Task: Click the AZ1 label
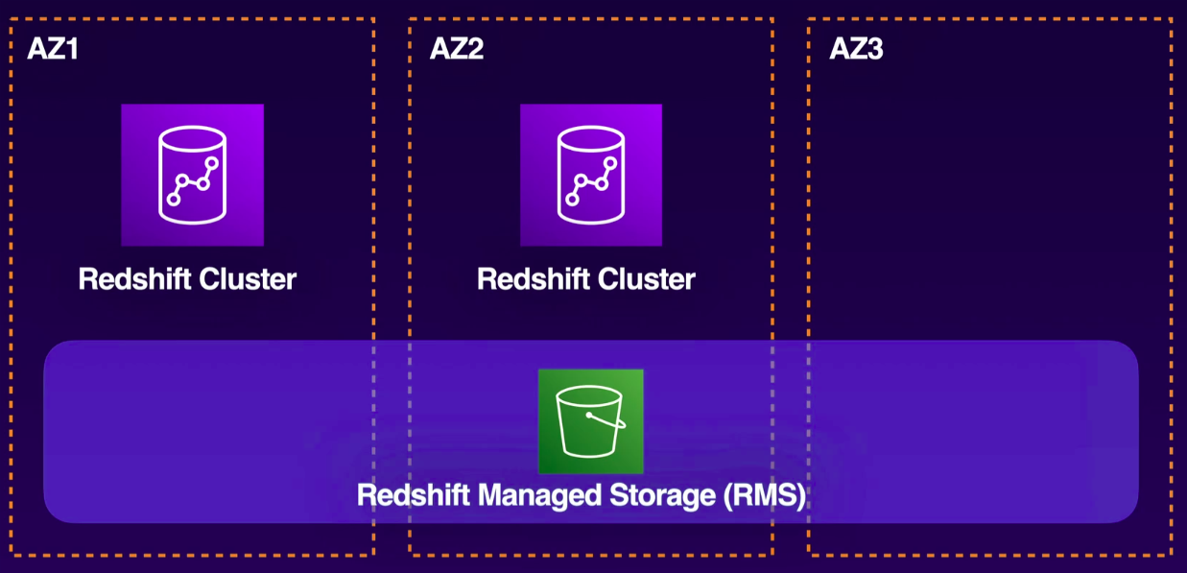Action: tap(52, 49)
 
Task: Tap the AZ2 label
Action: tap(456, 49)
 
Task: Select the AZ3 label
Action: tap(856, 49)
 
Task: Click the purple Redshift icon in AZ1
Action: tap(192, 175)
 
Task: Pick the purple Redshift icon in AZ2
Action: tap(591, 175)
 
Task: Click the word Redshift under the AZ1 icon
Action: tap(134, 279)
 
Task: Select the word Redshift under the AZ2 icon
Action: tap(534, 279)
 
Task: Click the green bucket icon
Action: tap(590, 421)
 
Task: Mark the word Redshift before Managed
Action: tap(415, 496)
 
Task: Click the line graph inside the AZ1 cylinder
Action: tap(192, 181)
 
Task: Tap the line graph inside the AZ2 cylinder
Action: tap(591, 181)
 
